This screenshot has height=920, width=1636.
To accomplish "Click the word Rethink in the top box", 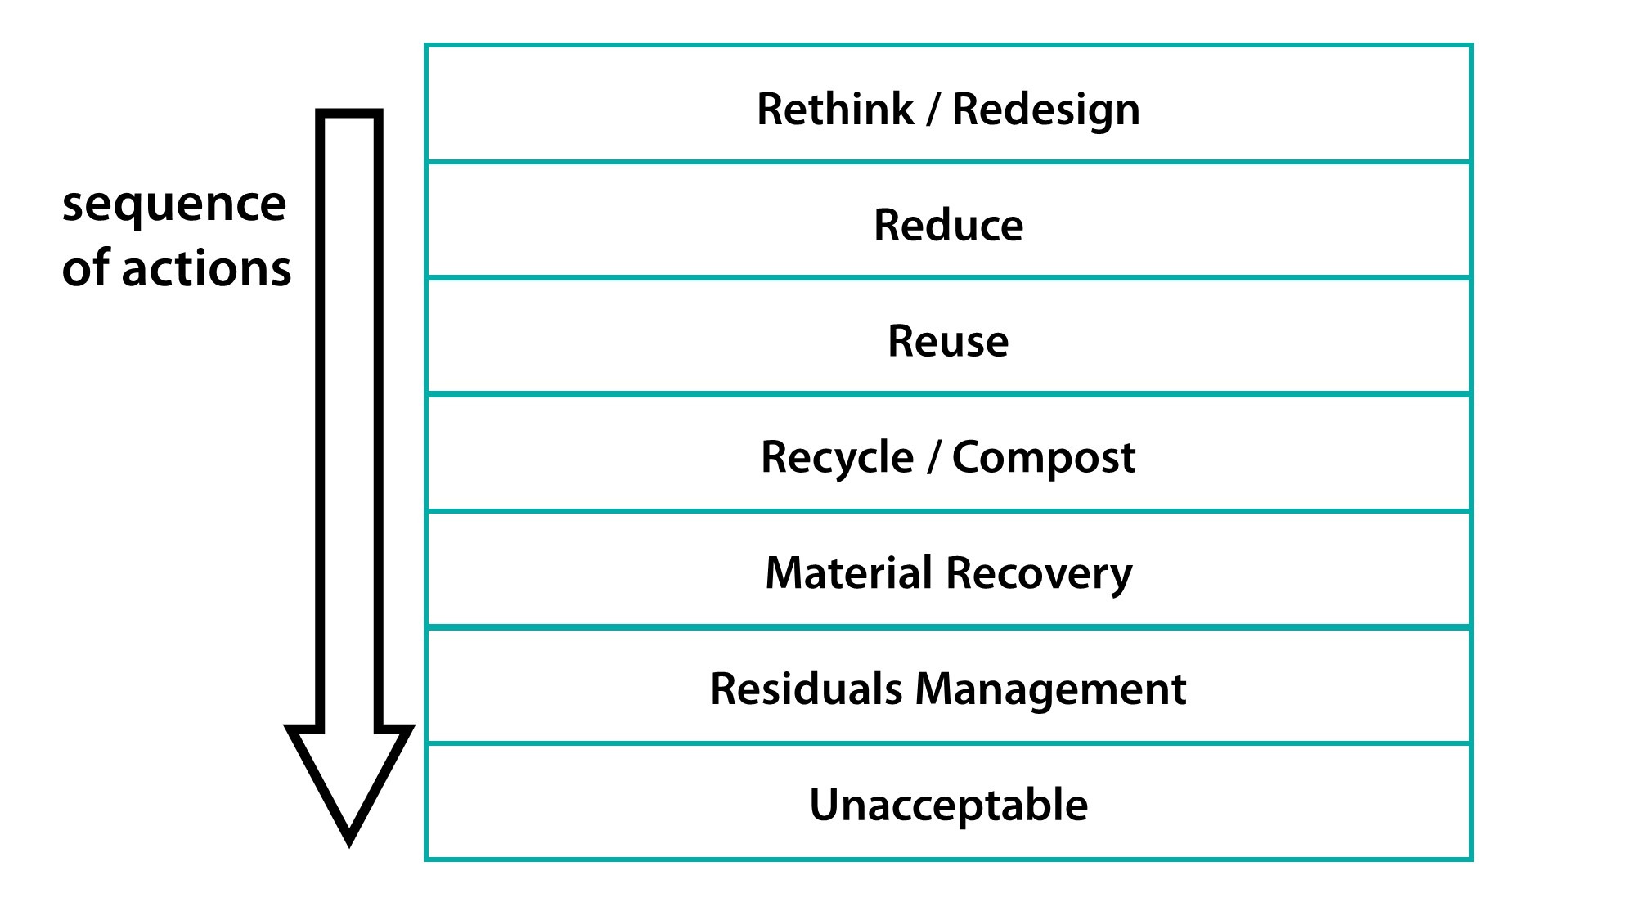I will click(834, 110).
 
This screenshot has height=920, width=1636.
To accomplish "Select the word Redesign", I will click(1045, 110).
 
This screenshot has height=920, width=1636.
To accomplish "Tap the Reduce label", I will click(948, 226).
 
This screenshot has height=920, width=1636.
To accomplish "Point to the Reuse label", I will click(948, 342).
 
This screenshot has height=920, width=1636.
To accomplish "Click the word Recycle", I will click(836, 457).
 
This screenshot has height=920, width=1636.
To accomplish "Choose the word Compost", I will click(1043, 457).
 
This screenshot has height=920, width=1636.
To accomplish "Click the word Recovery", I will click(1040, 573).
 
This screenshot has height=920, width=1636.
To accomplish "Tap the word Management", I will click(1050, 689).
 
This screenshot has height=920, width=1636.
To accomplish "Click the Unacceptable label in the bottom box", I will click(948, 806).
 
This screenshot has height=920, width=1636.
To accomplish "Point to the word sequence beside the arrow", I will click(174, 204).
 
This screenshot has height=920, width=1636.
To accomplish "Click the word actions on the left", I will click(206, 269).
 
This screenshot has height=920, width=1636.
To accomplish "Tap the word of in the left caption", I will click(86, 269).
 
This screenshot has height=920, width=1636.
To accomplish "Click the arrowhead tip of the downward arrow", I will click(349, 841).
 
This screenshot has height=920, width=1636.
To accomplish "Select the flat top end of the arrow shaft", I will click(349, 114).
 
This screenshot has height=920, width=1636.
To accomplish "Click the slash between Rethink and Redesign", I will click(933, 110).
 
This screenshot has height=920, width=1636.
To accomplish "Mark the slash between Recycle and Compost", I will click(933, 457).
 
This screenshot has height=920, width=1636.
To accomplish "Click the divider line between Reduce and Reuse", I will click(948, 278).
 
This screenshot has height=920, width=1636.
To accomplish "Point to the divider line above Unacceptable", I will click(948, 743).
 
